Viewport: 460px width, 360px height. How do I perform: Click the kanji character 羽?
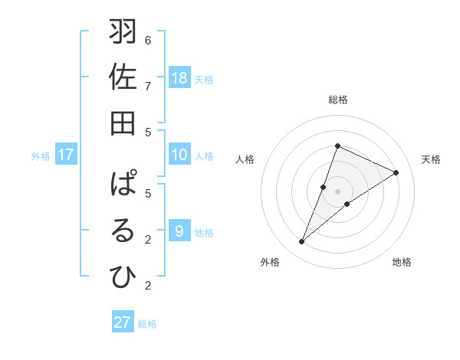123,33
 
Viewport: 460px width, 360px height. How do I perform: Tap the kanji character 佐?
123,78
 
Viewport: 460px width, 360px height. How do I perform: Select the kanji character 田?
123,123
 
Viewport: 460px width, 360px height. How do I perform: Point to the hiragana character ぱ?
123,185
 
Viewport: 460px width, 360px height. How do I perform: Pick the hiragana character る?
123,231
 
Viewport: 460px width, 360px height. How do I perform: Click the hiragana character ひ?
123,277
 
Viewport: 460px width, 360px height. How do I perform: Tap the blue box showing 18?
179,78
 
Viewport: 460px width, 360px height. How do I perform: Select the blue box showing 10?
179,155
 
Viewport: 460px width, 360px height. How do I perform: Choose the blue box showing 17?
66,155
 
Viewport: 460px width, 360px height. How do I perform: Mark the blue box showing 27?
123,322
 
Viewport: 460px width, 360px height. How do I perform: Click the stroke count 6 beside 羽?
148,40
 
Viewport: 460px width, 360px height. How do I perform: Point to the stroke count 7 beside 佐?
148,86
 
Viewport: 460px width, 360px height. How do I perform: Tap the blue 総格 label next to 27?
148,324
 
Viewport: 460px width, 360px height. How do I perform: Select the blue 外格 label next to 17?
41,156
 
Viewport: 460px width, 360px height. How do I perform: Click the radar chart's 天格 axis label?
431,159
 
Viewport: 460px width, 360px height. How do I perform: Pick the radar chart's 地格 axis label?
402,262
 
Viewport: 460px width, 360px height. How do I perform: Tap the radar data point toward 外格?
301,242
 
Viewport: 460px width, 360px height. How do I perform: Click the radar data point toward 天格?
396,172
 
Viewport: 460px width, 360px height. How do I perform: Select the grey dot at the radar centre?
337,191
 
